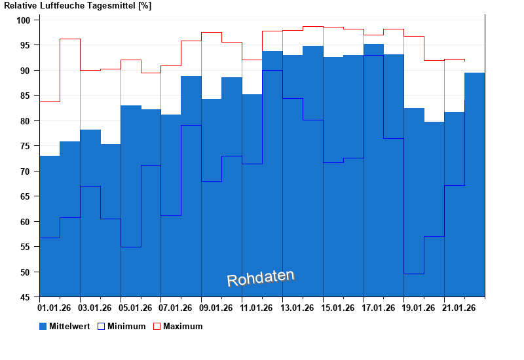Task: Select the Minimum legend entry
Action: (122, 326)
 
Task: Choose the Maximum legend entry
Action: (178, 326)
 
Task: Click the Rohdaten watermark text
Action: (261, 278)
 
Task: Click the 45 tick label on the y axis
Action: (26, 297)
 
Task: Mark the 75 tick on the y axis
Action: (26, 146)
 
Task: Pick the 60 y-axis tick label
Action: (26, 222)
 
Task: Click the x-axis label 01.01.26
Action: (55, 308)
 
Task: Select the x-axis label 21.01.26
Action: (460, 308)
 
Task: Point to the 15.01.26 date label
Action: (339, 308)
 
